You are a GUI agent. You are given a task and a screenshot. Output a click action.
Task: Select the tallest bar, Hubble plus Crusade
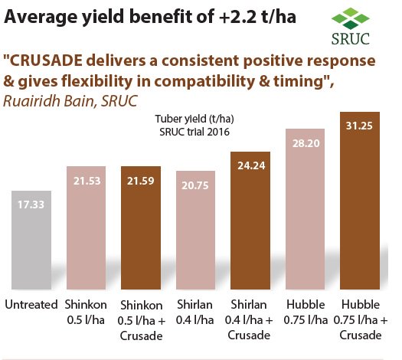(360, 200)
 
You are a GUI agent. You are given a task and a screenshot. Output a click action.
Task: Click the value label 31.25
(360, 126)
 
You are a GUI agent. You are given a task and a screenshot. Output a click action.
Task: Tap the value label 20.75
(194, 185)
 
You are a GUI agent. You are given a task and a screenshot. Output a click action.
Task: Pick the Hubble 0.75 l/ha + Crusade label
(360, 319)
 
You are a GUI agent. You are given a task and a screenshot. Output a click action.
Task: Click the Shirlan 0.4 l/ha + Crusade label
(249, 319)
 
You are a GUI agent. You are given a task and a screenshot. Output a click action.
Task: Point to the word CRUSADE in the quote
(54, 59)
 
